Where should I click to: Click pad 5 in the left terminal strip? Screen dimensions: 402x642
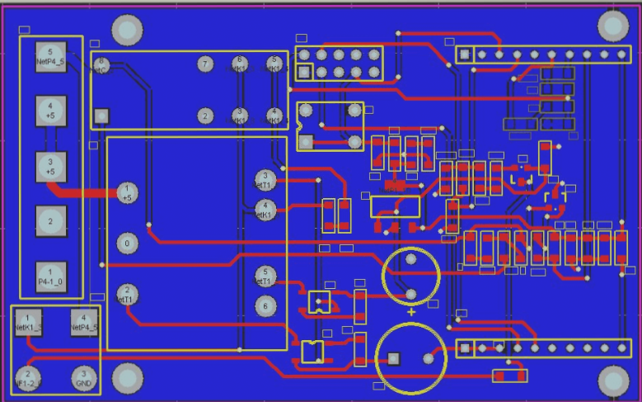[50, 57]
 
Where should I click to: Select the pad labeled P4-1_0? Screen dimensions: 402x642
[50, 276]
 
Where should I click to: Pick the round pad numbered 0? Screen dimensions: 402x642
[127, 244]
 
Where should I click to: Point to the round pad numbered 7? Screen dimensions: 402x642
[205, 64]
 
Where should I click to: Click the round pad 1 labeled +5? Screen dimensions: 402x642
[127, 192]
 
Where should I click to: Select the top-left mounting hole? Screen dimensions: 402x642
[127, 30]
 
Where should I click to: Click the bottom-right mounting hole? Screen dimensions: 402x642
[612, 381]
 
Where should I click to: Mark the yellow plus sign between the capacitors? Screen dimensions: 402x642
[411, 313]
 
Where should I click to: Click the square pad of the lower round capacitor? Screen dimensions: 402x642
[393, 358]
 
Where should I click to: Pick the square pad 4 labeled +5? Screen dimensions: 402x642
[50, 111]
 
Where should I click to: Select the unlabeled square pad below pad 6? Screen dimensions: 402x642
[101, 116]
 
